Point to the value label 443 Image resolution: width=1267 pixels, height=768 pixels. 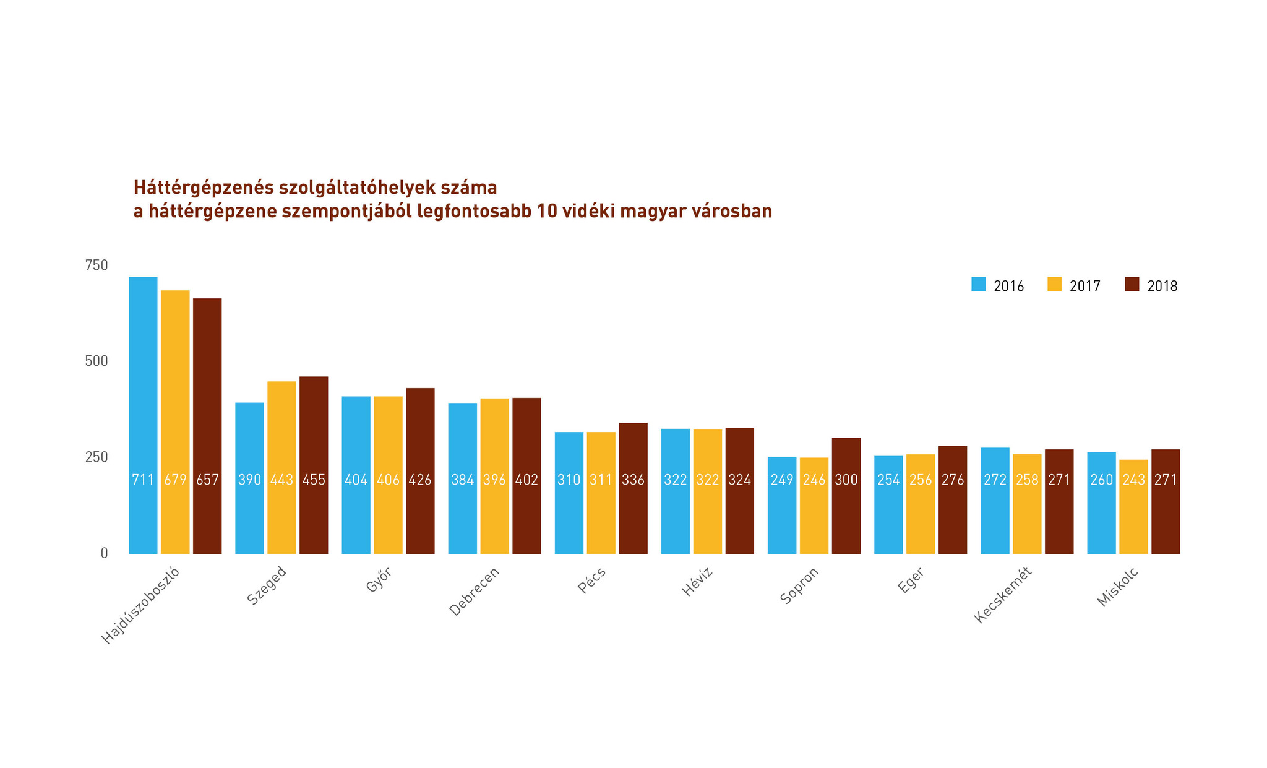point(281,480)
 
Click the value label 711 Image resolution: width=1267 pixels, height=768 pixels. point(143,480)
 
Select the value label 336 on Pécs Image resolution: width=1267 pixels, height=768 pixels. point(633,480)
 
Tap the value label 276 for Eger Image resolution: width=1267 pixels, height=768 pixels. point(953,480)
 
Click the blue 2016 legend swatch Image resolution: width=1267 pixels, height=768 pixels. point(978,285)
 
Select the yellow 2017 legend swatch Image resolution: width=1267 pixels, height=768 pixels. point(1054,285)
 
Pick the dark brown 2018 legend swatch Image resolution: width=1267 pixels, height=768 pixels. point(1132,285)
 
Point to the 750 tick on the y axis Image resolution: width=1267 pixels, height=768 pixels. point(97,265)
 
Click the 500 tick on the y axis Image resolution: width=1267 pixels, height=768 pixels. point(97,361)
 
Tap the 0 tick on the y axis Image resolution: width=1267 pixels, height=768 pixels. point(104,553)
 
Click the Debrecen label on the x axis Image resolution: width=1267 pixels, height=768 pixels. point(475,592)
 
